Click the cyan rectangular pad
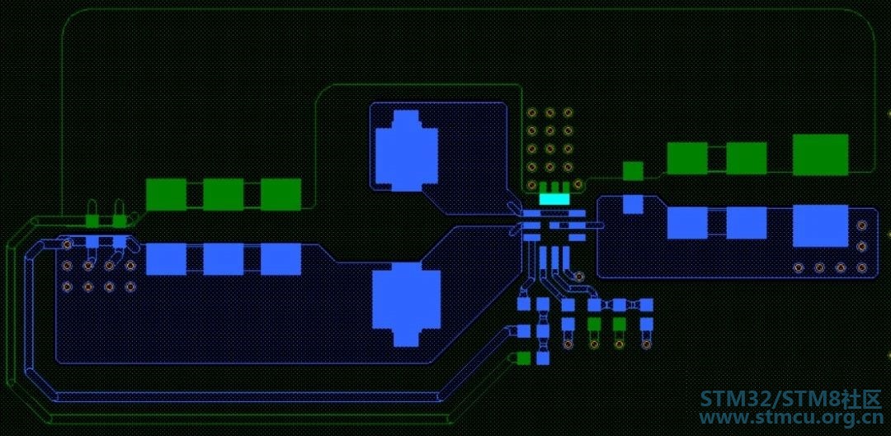(x=554, y=199)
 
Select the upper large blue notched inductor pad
(x=406, y=150)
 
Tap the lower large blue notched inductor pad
(x=406, y=304)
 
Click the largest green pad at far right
(x=820, y=154)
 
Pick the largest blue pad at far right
(x=820, y=225)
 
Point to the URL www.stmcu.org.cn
(x=790, y=418)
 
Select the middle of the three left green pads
(x=224, y=194)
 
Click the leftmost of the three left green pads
(x=166, y=194)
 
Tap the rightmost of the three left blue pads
(x=280, y=259)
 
